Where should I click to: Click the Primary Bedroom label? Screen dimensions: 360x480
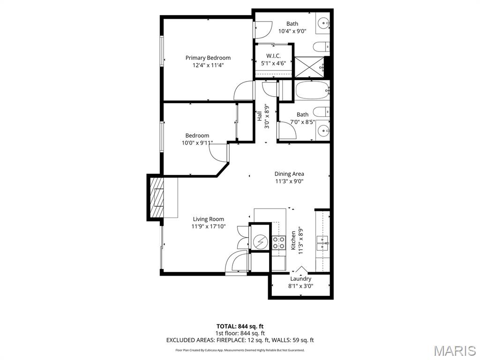(x=208, y=58)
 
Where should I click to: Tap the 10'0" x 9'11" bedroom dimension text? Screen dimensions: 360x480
(x=197, y=143)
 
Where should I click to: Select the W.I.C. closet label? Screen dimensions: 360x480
(x=273, y=55)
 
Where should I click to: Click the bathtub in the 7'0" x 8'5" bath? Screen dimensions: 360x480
(x=312, y=90)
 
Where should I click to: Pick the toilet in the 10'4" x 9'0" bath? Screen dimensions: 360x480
(x=321, y=46)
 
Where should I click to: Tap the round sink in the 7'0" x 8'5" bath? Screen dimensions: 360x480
(x=323, y=131)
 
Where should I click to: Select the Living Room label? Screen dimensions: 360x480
(x=209, y=219)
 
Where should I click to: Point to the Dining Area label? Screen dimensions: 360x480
(x=289, y=174)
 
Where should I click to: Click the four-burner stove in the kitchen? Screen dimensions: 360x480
(x=279, y=242)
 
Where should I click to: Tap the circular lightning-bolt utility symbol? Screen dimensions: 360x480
(x=259, y=242)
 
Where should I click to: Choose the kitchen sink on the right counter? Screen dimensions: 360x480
(x=322, y=241)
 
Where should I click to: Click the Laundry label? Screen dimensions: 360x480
(x=300, y=278)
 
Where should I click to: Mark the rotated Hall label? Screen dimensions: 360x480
(x=259, y=116)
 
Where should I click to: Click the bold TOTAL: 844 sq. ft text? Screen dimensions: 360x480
(x=240, y=326)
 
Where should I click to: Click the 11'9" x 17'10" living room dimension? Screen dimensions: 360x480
(x=208, y=226)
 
